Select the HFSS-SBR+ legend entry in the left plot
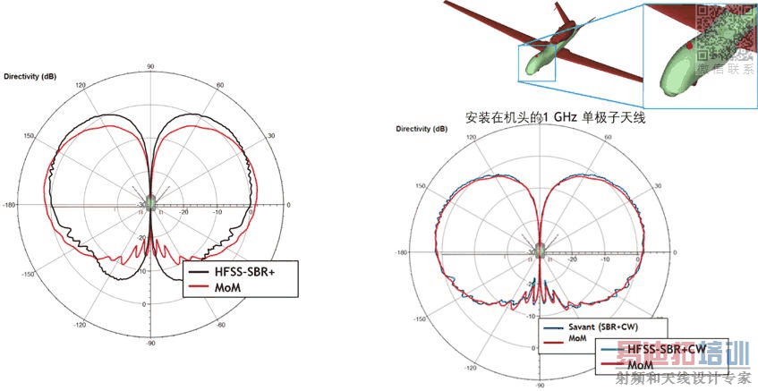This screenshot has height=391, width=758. click(240, 271)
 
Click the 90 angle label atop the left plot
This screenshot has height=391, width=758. click(151, 66)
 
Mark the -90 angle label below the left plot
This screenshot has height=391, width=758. click(151, 343)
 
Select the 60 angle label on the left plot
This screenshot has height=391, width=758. click(219, 85)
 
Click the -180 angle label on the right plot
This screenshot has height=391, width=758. click(405, 252)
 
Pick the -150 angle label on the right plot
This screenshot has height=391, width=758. click(419, 319)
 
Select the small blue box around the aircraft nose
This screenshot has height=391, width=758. click(537, 63)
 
